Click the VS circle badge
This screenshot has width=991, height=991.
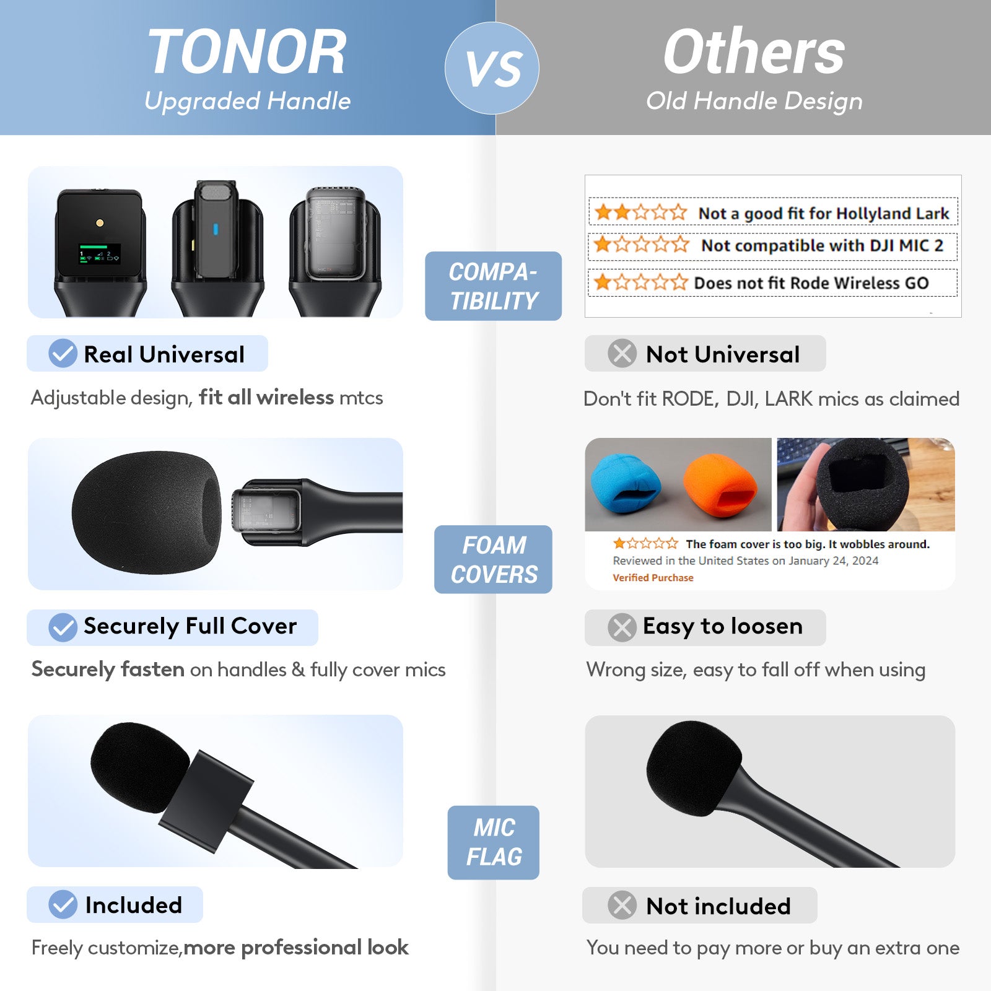(x=492, y=68)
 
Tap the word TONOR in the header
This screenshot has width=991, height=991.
(x=247, y=52)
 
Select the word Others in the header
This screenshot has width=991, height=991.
(x=754, y=52)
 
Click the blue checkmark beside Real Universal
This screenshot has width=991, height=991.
(x=63, y=354)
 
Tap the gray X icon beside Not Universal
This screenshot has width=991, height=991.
(x=622, y=354)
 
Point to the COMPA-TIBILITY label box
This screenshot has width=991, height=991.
(x=493, y=286)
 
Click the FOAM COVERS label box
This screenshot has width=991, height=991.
(x=493, y=559)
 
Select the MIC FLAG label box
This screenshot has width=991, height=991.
(x=493, y=842)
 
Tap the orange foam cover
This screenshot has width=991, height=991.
(x=720, y=487)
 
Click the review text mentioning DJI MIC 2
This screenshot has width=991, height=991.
(x=822, y=245)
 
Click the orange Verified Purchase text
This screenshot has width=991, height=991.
(x=653, y=578)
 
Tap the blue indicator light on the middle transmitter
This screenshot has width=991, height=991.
(x=216, y=229)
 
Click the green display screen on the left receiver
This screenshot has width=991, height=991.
(x=99, y=254)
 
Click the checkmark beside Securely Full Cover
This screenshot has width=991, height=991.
(x=63, y=627)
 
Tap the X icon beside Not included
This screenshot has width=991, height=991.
(x=622, y=905)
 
